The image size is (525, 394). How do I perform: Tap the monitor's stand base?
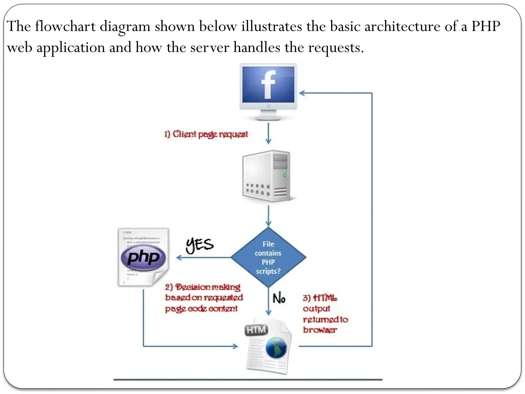click(268, 118)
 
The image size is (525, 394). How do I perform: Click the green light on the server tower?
click(285, 175)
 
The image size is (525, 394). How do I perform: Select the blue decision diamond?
click(268, 257)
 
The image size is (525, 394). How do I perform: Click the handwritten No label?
click(279, 298)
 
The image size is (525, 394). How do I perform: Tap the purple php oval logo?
click(143, 257)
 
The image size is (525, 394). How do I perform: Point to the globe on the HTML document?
click(276, 348)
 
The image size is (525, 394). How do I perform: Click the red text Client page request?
click(206, 134)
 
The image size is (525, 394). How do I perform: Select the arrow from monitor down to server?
click(268, 133)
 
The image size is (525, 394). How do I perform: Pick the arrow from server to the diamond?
click(268, 215)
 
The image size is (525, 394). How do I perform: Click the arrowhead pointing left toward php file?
click(179, 258)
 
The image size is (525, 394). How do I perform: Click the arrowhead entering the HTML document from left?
click(235, 347)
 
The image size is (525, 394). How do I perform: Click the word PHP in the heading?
click(486, 26)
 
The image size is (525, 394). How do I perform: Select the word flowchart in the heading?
click(65, 26)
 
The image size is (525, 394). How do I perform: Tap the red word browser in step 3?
click(320, 330)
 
